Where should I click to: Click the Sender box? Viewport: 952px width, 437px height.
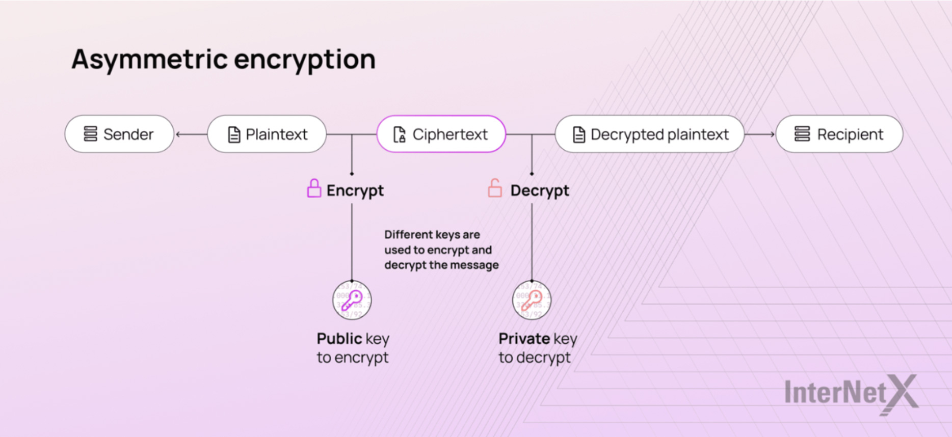pos(119,134)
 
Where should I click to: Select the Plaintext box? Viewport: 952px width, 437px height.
pos(267,134)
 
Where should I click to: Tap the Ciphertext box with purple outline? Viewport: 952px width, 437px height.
pos(441,134)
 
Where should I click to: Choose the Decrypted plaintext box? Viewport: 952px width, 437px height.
pos(650,134)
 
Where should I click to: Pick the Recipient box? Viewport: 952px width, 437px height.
pos(839,134)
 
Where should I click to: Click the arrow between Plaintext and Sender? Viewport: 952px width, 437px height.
pos(192,134)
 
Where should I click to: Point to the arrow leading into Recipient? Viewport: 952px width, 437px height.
pos(760,134)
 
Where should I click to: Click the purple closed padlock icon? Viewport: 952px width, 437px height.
pos(314,188)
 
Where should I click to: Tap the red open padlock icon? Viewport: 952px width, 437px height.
pos(495,188)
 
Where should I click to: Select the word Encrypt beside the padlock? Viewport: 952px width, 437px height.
pos(355,190)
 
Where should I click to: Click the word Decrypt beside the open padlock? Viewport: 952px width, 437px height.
pos(540,190)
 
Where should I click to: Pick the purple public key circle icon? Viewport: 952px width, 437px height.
pos(352,301)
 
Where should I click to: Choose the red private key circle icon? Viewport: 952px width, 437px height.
pos(532,301)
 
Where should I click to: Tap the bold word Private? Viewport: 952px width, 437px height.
pos(524,339)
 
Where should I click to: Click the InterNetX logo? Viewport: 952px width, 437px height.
pos(851,393)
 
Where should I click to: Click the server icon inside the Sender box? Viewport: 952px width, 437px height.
pos(90,134)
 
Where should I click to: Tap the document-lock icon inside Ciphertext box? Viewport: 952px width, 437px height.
pos(400,134)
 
